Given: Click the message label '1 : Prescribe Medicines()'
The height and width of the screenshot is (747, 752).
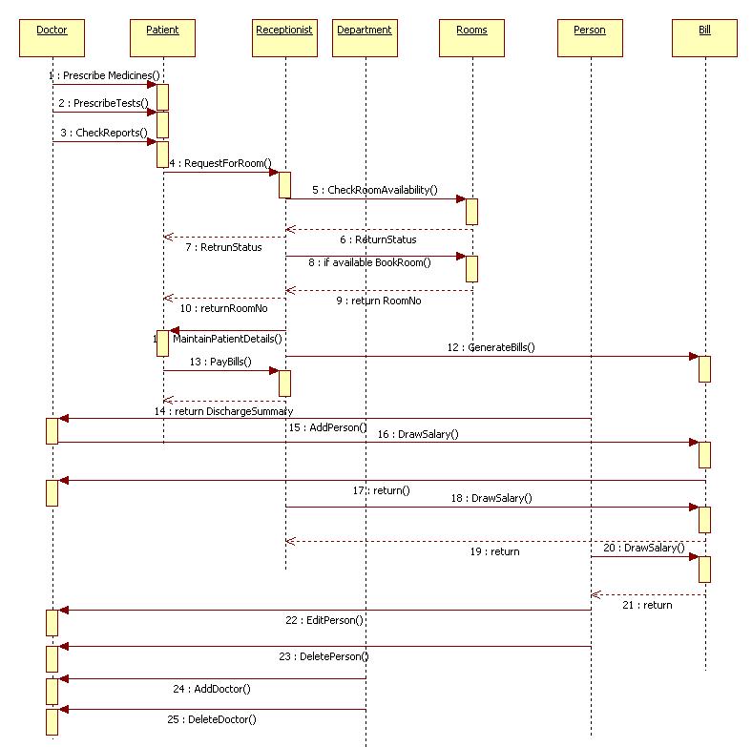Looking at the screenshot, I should tap(104, 75).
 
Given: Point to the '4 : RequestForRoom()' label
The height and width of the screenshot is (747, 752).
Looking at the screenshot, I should tap(220, 163).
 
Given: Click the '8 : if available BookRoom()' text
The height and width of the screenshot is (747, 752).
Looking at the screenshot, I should tap(369, 261).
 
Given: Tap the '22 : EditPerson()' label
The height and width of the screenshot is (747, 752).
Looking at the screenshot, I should tap(324, 620).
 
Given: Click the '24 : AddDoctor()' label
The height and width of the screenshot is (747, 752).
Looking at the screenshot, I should tap(212, 688).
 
